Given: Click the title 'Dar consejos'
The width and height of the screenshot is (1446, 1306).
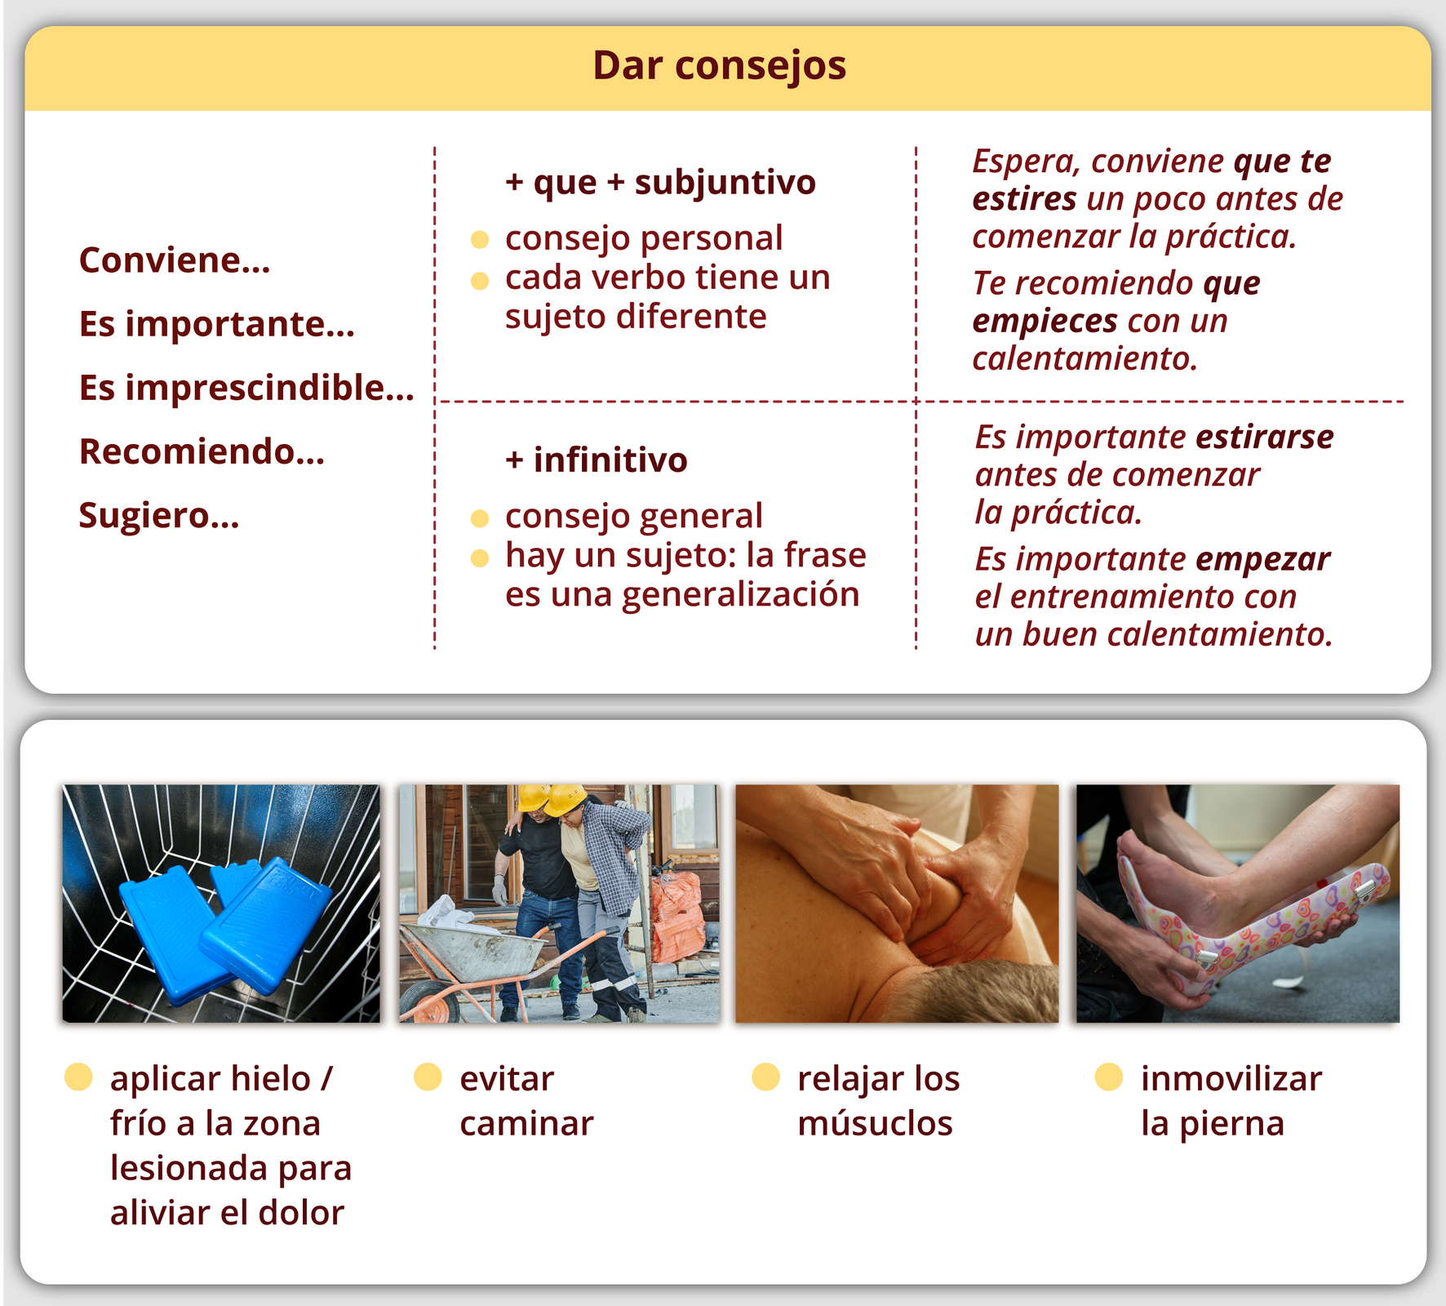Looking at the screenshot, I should (x=719, y=66).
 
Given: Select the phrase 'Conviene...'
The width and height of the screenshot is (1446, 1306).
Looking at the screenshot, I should (x=175, y=260).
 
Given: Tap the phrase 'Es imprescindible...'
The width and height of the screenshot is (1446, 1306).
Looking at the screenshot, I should (x=246, y=388).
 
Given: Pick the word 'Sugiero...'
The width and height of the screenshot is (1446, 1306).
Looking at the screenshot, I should (x=159, y=516).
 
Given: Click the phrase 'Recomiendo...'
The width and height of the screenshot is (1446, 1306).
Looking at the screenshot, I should (x=202, y=451).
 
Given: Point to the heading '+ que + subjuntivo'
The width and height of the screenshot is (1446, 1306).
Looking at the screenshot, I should (x=660, y=182).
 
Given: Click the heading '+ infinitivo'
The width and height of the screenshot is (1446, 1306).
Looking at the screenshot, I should (x=596, y=460).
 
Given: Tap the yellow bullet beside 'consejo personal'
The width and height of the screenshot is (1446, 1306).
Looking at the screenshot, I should (x=480, y=239).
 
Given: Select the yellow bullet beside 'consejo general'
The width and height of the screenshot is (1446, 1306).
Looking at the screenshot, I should (x=480, y=518).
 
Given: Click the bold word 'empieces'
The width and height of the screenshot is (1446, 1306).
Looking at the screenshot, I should (x=1045, y=321).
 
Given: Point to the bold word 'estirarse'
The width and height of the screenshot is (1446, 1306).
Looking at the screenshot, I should (x=1264, y=438).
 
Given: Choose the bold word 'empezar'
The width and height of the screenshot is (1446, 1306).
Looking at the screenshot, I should (x=1262, y=560).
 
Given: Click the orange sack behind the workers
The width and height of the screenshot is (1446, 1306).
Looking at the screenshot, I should (x=676, y=914).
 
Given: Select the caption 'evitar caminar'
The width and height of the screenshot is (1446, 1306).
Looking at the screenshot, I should (x=526, y=1100).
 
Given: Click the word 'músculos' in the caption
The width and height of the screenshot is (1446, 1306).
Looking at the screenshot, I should (x=875, y=1124).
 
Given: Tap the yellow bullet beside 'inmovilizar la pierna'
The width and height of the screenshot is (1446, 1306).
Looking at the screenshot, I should (x=1109, y=1077).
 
